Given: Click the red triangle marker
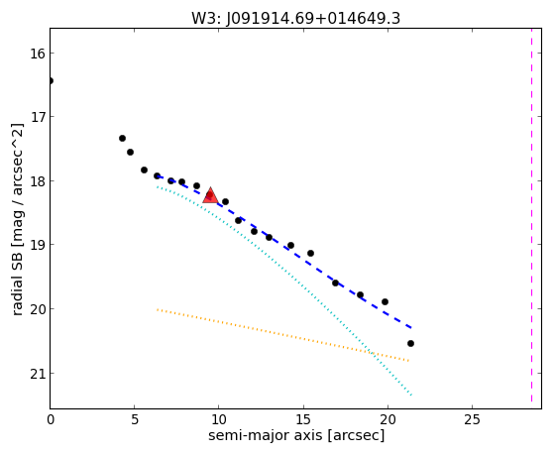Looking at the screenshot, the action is point(210,196).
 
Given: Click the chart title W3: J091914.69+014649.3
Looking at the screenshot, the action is point(295,18).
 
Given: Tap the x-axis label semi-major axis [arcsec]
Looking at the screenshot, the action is point(296,435).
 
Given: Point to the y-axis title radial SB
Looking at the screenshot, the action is point(17,282).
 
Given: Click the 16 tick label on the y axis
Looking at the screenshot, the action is point(38,54).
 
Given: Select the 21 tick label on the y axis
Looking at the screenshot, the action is point(38,374).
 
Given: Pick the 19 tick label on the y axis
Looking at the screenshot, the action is point(38,245).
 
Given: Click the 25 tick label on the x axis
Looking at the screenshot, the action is point(472,419).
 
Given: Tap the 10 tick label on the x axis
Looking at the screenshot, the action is point(218,419).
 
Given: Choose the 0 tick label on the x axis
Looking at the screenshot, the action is point(51,419).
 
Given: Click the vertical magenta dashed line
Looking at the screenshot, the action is point(531,218).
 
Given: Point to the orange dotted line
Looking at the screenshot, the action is point(282,335).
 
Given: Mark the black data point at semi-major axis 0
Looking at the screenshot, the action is point(51,81).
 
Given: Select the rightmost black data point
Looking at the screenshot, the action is point(410,343).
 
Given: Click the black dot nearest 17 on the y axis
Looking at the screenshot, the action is point(122,138).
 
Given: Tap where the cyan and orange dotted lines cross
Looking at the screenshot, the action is point(372,353).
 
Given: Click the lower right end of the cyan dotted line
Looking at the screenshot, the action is point(411,395).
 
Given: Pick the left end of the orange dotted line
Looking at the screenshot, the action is point(158,309).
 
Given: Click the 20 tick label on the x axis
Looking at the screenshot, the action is point(388,419).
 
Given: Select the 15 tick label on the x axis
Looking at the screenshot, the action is point(303,419).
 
